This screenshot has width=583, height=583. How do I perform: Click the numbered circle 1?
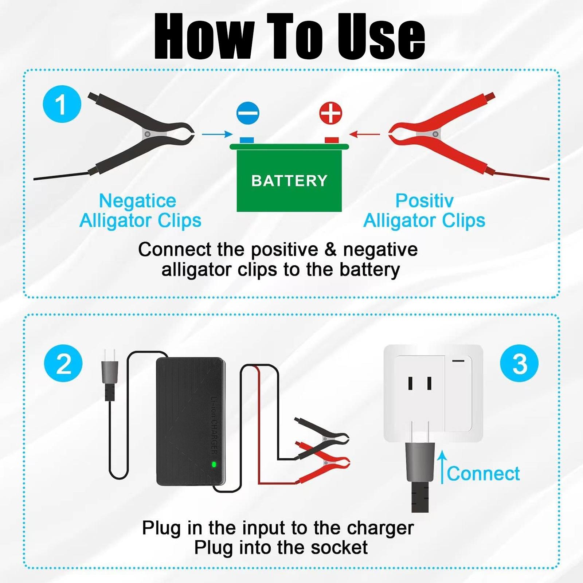point(62,104)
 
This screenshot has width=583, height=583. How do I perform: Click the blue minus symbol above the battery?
point(248,113)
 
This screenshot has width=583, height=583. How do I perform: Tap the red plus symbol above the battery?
point(330,113)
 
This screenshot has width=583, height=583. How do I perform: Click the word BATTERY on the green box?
point(289,181)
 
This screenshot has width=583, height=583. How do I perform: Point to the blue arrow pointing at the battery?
point(217,134)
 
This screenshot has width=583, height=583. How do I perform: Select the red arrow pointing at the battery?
point(364,134)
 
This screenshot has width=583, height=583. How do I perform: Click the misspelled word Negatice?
point(137,201)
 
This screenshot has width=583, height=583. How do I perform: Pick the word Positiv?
point(424,201)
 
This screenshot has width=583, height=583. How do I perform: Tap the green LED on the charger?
point(214,464)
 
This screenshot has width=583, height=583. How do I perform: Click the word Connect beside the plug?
point(483,474)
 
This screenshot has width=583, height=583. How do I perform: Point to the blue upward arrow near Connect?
point(442,466)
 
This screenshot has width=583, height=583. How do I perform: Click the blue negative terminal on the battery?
point(247,140)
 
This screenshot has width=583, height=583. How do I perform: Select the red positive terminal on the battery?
point(332,140)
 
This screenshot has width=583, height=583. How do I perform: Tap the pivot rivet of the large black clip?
point(148,134)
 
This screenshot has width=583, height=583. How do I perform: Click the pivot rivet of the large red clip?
point(435,134)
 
